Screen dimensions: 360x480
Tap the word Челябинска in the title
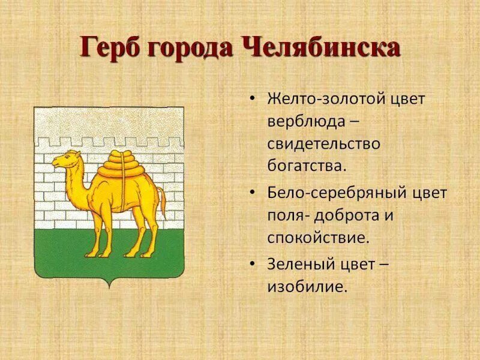pyautogui.click(x=321, y=47)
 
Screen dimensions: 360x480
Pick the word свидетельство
pyautogui.click(x=324, y=143)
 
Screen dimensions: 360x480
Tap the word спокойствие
pyautogui.click(x=317, y=237)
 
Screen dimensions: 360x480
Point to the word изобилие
pyautogui.click(x=307, y=286)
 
